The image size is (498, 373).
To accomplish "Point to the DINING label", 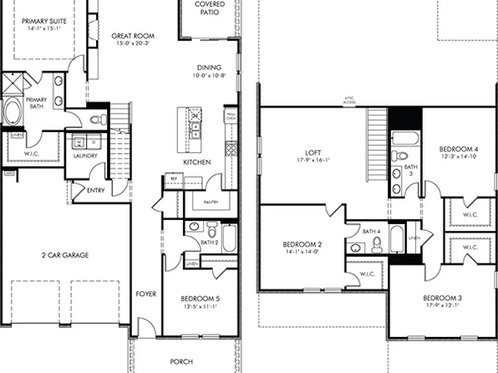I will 209,69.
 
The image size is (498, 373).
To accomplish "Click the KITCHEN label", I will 197,161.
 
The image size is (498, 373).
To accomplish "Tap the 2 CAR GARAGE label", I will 65,255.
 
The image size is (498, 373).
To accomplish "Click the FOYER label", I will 146,294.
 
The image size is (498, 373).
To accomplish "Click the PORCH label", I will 180,361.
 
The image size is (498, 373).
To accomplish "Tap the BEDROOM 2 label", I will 302,244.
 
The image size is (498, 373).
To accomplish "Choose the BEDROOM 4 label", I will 459,149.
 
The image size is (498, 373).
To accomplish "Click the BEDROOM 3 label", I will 443,299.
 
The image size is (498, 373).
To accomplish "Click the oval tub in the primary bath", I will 15,113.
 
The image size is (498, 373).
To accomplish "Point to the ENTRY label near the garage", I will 96,191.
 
